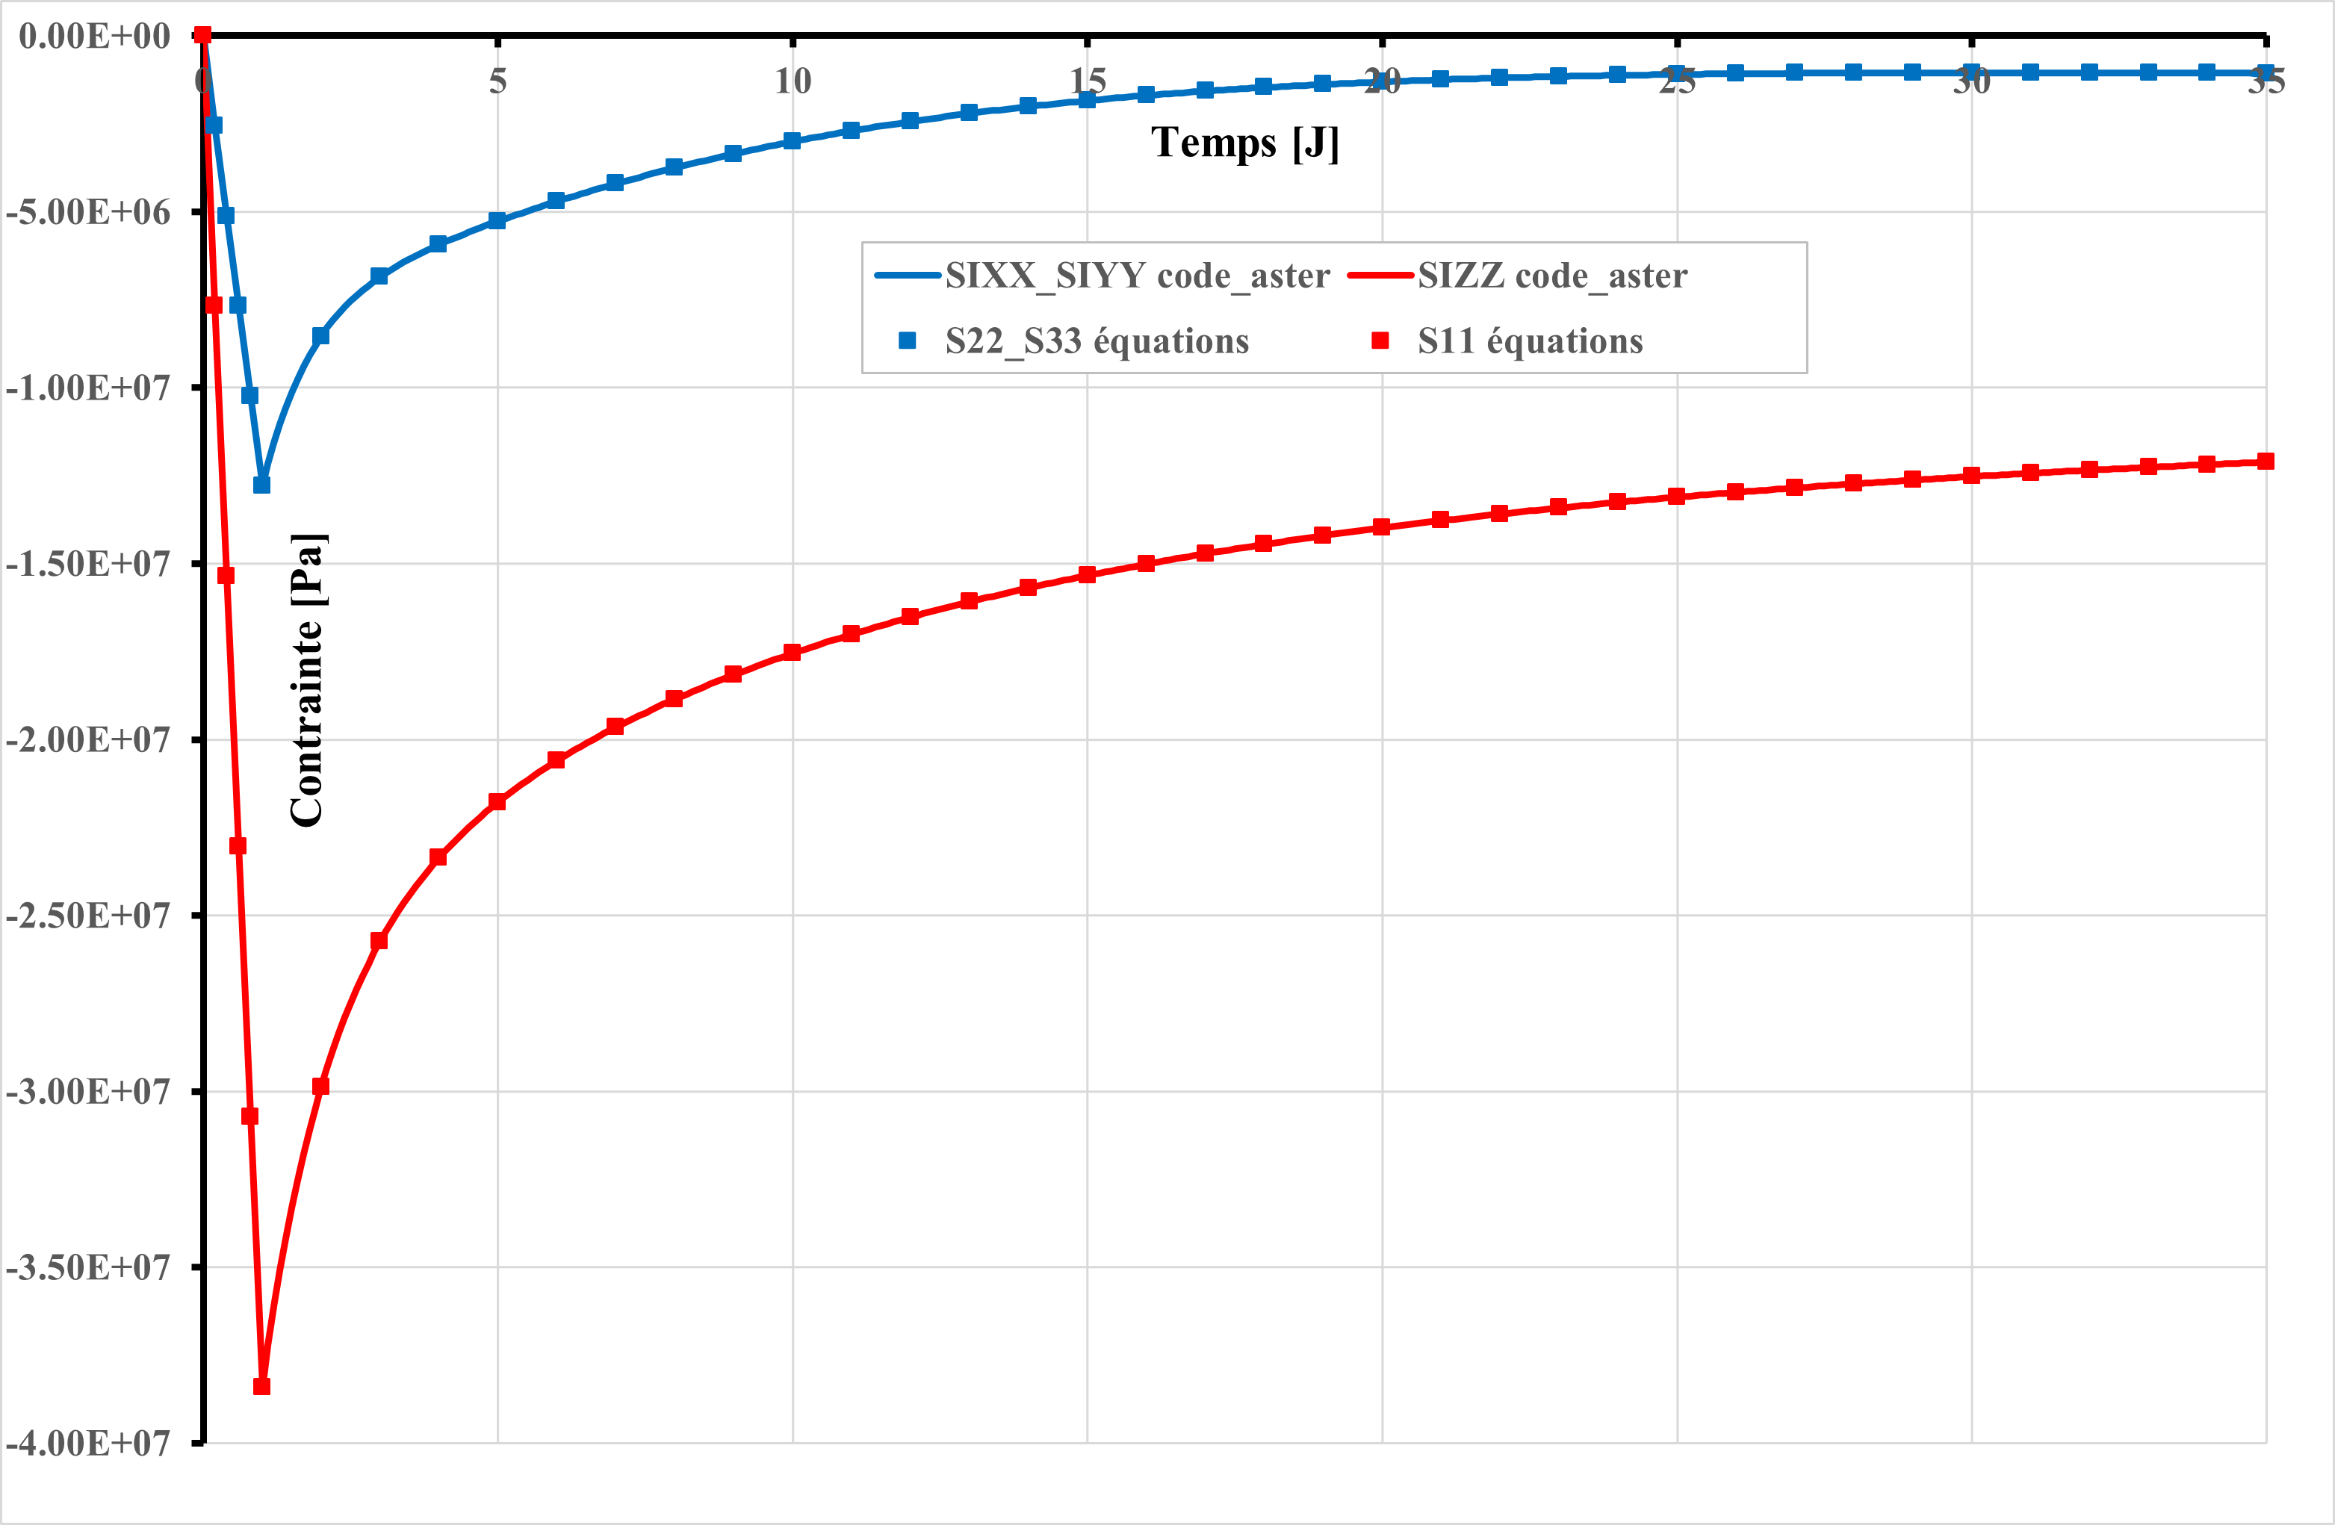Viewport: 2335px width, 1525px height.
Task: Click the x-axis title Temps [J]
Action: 1244,143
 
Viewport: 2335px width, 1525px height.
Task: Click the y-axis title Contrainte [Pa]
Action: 308,680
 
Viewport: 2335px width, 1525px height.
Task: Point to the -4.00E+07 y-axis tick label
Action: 87,1443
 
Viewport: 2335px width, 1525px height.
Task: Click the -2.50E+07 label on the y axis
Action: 87,915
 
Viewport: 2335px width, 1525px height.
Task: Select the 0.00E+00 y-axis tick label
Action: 94,37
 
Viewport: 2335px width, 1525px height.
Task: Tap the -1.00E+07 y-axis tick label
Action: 87,388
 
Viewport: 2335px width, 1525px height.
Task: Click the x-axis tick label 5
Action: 498,81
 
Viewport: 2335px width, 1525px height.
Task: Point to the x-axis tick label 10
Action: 793,81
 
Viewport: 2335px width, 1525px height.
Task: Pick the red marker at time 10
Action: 793,652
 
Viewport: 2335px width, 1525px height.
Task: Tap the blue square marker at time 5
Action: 497,220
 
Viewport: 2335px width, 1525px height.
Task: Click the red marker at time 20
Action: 1381,527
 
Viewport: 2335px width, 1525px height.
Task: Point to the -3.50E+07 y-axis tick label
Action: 87,1267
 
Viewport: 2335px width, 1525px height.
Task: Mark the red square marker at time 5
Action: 497,801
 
